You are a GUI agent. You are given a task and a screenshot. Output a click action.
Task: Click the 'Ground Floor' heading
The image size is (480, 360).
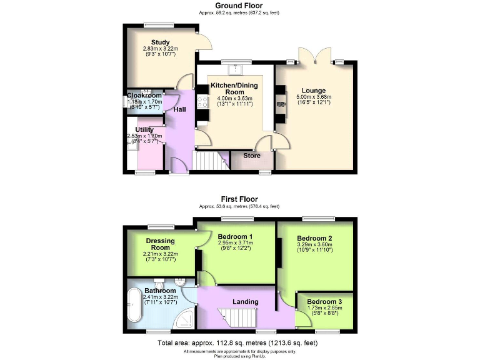click(239, 5)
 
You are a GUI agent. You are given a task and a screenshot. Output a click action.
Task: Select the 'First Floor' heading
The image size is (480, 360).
click(239, 199)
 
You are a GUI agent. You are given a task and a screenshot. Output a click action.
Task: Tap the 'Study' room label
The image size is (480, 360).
click(152, 42)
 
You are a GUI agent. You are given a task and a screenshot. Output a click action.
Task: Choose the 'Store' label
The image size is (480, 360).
click(252, 156)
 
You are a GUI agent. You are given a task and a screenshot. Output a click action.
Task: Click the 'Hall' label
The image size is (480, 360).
click(179, 110)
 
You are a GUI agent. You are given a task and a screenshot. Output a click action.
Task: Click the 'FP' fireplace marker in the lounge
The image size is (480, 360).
click(281, 104)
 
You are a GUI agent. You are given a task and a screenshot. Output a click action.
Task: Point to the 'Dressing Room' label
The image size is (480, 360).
click(161, 244)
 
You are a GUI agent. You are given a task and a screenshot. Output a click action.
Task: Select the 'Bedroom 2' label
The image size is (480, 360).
click(314, 238)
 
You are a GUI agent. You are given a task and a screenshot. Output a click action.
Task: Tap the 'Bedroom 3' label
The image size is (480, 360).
click(324, 301)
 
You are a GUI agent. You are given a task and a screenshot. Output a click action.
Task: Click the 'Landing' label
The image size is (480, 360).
click(246, 302)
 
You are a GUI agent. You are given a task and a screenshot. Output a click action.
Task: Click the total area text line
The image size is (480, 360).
click(239, 343)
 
